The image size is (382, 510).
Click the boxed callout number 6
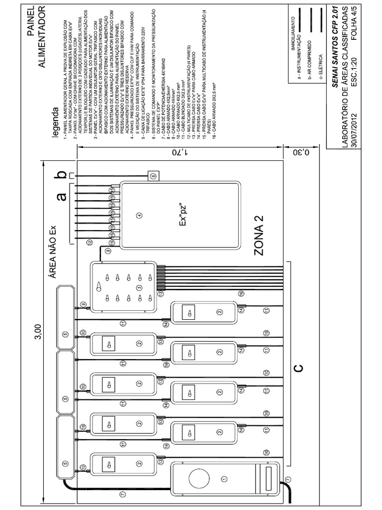coord(153,175)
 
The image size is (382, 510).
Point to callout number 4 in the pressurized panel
coord(139,216)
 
